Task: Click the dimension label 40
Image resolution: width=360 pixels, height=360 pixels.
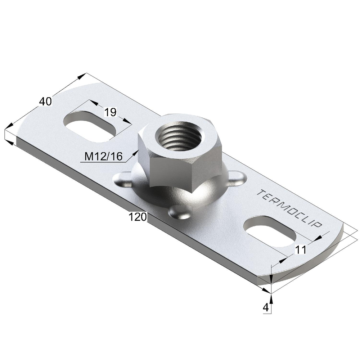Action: point(45,102)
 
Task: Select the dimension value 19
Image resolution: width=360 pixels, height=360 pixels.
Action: point(111,112)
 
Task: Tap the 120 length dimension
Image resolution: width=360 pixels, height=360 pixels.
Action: point(138,217)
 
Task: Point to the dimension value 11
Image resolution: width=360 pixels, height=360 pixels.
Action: point(301,249)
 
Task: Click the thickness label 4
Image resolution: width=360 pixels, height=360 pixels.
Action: point(266,307)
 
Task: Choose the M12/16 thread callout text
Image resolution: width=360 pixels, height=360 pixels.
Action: point(104,157)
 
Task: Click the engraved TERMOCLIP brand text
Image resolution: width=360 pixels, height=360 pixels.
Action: point(289,208)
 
